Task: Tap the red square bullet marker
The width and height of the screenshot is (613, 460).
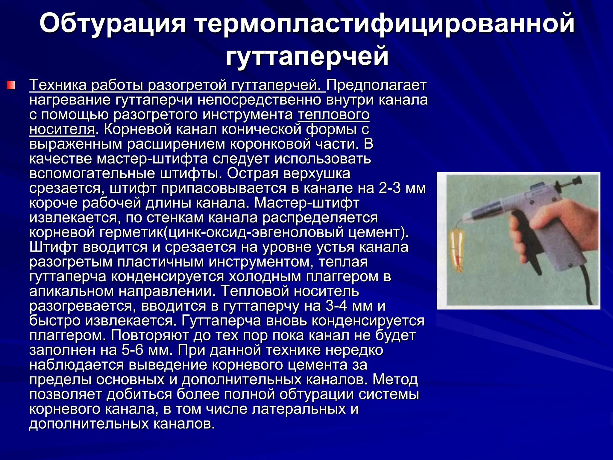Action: pos(11,85)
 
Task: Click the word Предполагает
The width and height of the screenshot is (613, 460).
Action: pos(376,86)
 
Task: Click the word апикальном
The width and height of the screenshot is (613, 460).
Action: pos(71,291)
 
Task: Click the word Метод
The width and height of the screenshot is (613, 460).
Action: pos(395,380)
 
